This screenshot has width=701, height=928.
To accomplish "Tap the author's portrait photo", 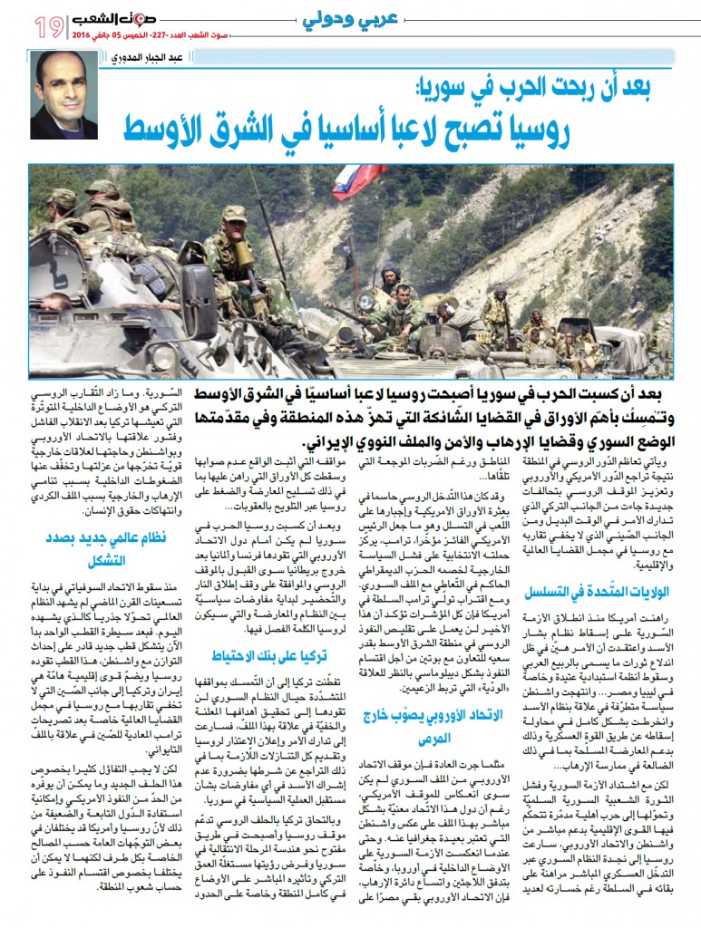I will pos(64,94).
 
